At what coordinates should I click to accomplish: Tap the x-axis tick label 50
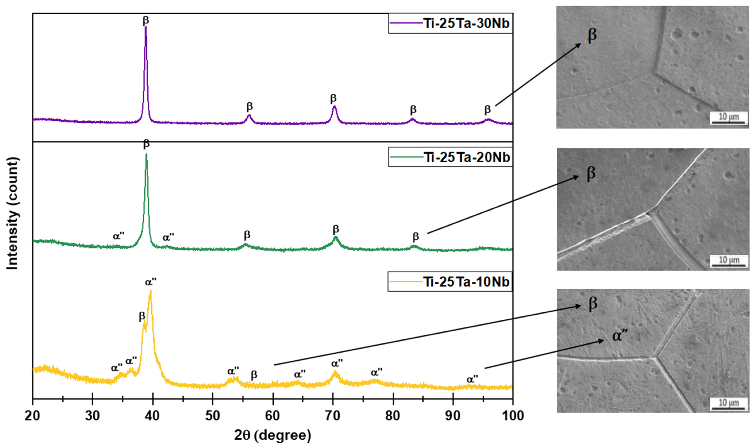coord(213,416)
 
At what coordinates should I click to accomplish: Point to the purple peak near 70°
coord(334,106)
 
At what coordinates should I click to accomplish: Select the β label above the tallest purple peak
coord(146,20)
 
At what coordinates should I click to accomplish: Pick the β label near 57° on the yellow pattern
coord(254,375)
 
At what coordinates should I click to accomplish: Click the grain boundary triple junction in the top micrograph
coord(654,73)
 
